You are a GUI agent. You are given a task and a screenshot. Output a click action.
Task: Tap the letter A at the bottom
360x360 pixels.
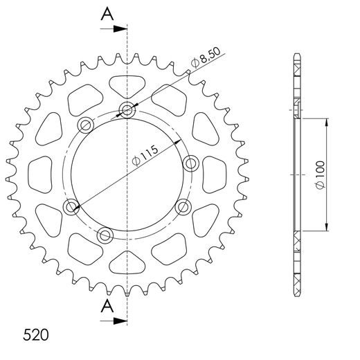pyautogui.click(x=106, y=307)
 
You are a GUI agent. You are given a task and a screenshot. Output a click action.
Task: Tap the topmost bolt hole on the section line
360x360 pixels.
pyautogui.click(x=127, y=109)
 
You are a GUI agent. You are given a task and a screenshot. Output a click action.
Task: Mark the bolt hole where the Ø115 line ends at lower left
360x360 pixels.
pyautogui.click(x=72, y=206)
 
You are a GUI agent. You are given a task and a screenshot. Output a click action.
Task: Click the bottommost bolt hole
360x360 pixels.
pyautogui.click(x=105, y=235)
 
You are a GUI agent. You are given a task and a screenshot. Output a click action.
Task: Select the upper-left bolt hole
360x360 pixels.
pyautogui.click(x=86, y=125)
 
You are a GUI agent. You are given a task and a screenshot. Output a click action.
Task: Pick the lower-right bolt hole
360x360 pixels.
pyautogui.click(x=183, y=206)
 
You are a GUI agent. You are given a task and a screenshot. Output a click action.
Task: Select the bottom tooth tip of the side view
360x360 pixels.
pyautogui.click(x=297, y=295)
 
